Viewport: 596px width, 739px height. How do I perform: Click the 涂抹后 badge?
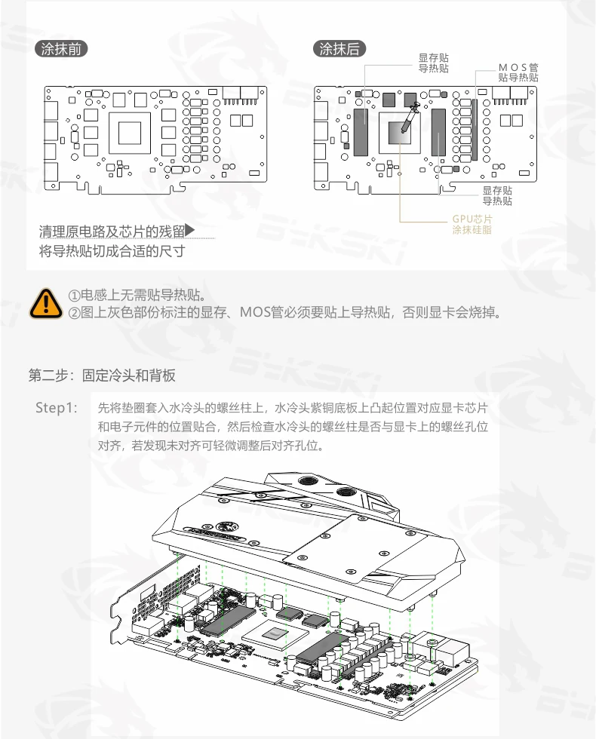tap(339, 49)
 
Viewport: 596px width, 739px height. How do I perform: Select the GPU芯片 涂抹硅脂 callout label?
tap(472, 224)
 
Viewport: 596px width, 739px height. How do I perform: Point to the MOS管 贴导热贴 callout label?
tap(518, 72)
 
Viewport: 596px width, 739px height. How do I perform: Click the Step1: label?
tap(57, 408)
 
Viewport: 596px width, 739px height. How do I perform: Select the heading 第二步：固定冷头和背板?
tap(102, 376)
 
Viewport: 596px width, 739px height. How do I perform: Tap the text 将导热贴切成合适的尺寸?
tap(112, 251)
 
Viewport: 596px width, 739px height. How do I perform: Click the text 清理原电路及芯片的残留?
tap(112, 231)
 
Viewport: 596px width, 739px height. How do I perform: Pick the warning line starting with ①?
tap(137, 294)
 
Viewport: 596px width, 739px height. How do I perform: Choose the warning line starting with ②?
tap(284, 311)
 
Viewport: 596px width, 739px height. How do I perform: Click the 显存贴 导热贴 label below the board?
tap(497, 196)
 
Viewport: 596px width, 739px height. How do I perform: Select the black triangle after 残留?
tap(190, 229)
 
